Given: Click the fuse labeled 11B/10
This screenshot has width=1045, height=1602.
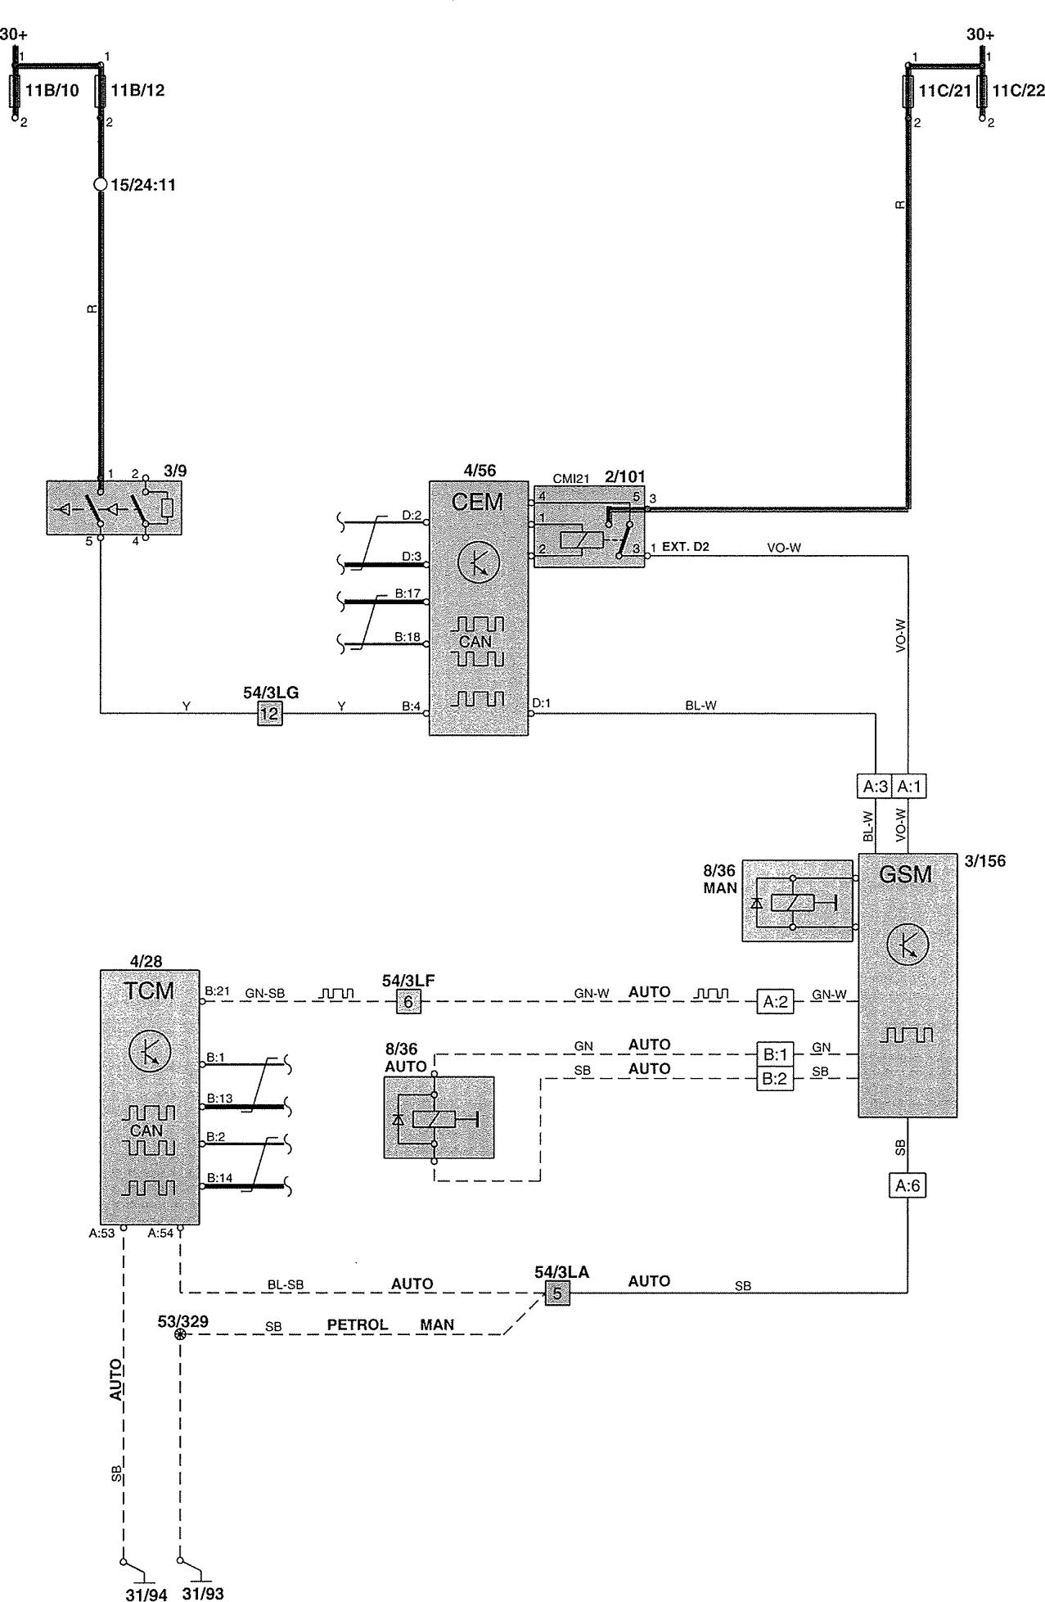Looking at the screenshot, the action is [15, 90].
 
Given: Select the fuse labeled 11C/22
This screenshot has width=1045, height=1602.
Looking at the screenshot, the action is [984, 90].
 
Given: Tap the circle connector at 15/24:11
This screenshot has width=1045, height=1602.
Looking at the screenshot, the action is [101, 184].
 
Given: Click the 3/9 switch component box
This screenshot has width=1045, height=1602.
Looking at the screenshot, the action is [115, 508].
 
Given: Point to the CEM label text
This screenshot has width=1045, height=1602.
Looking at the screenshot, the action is [477, 501].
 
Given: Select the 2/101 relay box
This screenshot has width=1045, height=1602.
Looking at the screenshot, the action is [589, 526].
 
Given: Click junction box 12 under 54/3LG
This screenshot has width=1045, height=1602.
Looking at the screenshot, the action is [269, 714].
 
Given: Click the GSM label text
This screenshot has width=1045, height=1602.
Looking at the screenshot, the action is [905, 874].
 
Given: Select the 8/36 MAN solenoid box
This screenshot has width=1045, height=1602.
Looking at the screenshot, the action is [797, 900].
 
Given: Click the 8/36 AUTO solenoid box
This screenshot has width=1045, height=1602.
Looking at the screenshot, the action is [439, 1117].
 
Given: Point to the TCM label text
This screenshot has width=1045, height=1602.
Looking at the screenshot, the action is [150, 991].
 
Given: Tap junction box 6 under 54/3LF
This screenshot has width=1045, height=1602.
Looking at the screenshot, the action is [408, 1001].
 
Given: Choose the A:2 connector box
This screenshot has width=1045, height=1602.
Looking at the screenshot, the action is [774, 1001].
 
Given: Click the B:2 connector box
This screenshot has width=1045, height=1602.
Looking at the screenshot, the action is [774, 1079].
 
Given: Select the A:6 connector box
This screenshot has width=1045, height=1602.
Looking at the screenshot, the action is [908, 1185].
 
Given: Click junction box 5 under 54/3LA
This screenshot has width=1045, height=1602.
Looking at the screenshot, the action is [557, 1294].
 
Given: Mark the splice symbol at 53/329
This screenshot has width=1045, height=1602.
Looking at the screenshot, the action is [180, 1334].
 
